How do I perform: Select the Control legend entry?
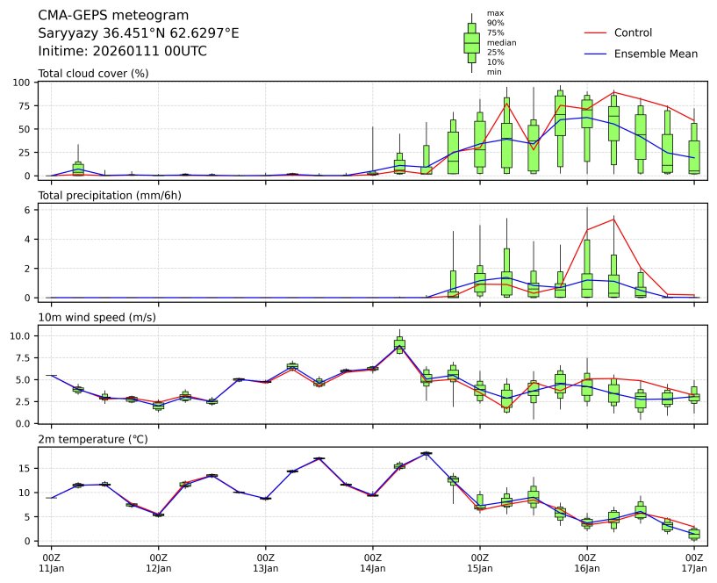tap(633, 32)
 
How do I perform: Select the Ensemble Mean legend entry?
tap(656, 54)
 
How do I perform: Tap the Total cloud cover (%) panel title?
tap(93, 73)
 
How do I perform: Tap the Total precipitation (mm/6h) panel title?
tap(110, 195)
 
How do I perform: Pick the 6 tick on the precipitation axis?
tap(28, 209)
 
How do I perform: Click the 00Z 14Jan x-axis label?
tap(373, 563)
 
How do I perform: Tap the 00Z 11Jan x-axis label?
tap(51, 563)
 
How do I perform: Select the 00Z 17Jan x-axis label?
tap(694, 563)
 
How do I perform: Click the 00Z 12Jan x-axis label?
tap(158, 563)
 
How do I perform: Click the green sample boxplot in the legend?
tap(471, 42)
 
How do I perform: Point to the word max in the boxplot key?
tap(495, 13)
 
